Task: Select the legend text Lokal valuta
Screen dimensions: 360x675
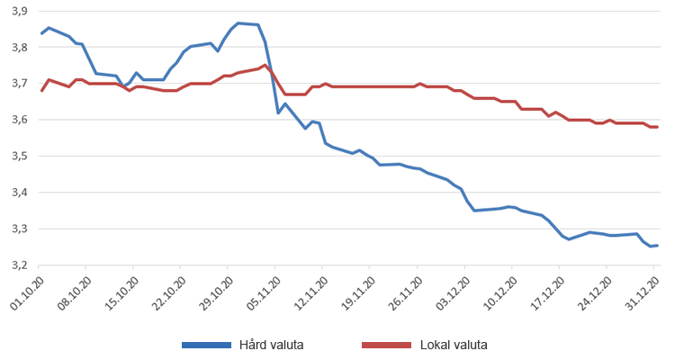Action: click(453, 345)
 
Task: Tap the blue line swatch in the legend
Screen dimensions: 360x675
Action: click(206, 345)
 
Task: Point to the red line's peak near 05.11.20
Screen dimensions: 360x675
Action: click(265, 65)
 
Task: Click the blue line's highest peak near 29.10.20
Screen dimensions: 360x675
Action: click(238, 22)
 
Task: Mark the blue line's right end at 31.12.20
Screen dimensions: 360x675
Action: click(657, 246)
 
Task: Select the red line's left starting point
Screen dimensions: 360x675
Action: click(41, 90)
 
